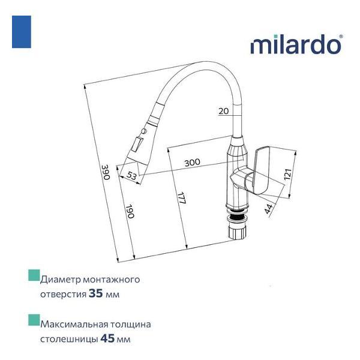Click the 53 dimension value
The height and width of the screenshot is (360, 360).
(133, 175)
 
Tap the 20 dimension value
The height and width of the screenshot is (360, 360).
(224, 111)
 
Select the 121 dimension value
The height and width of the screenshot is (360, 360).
(287, 174)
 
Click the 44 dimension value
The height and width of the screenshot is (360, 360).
(268, 208)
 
